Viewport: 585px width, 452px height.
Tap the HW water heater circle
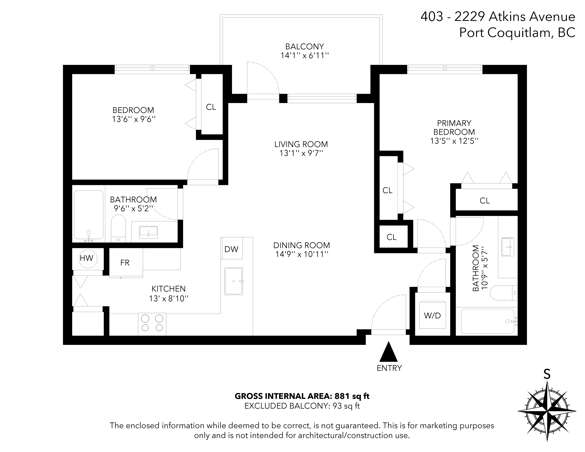(88, 259)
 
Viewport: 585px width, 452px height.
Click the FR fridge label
(125, 263)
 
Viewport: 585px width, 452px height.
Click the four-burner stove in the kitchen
(152, 324)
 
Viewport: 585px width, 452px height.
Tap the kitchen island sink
(234, 281)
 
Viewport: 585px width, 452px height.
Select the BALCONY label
(305, 46)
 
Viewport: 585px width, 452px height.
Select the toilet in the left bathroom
(118, 228)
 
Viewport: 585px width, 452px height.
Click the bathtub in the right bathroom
(487, 321)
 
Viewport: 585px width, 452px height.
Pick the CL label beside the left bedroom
(211, 107)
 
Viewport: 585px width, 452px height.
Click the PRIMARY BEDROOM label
(454, 128)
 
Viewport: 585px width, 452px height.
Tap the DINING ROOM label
(302, 245)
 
